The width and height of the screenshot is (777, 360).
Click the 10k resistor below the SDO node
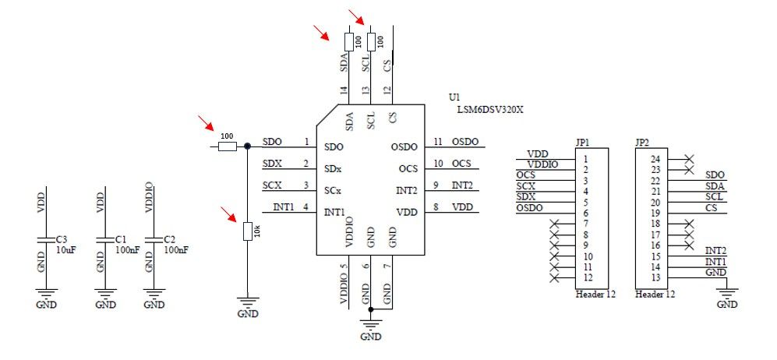pos(247,231)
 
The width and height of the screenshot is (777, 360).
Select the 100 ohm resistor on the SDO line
pos(226,146)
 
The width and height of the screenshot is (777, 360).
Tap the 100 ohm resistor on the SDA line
pos(347,41)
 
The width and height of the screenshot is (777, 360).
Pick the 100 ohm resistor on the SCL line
pos(369,41)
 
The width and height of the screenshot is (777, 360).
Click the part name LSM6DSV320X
pos(490,110)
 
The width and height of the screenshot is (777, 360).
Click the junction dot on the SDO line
pos(247,146)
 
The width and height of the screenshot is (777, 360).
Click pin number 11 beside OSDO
pos(438,142)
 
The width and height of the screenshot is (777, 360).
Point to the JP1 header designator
pos(581,143)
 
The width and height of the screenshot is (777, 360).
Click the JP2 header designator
pos(642,143)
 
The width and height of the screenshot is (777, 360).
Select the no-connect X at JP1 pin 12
pos(554,278)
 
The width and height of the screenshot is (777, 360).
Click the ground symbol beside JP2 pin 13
pos(726,291)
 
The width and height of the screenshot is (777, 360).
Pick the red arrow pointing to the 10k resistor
pos(229,214)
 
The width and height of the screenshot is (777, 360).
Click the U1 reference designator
pos(454,97)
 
